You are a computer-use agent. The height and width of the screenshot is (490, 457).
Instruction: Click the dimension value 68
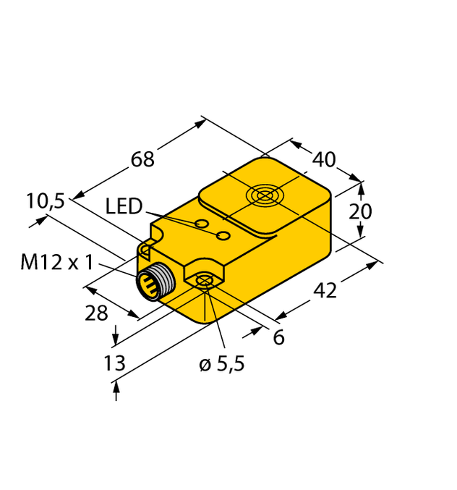[x=143, y=159]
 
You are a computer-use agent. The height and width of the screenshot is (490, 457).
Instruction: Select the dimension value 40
[x=325, y=159]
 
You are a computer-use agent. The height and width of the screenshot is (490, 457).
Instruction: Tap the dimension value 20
[x=360, y=211]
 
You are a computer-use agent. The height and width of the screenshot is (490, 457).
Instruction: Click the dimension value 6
[x=278, y=337]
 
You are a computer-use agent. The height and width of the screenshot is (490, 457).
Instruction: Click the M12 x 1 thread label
[x=56, y=262]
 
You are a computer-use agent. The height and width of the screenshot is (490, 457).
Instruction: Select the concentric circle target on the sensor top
[x=262, y=195]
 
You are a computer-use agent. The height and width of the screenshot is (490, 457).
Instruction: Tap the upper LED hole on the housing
[x=202, y=223]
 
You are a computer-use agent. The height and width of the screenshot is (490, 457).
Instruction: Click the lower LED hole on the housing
[x=224, y=237]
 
